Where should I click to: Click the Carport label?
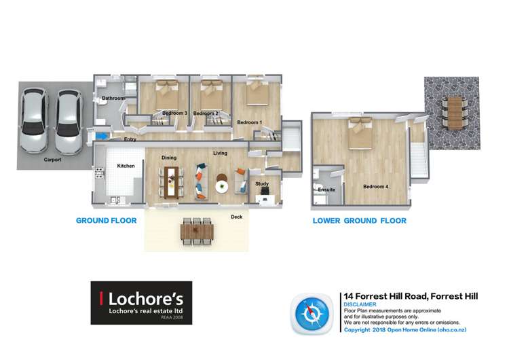[x=53, y=160]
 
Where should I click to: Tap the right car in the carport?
[x=68, y=120]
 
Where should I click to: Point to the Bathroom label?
[x=113, y=98]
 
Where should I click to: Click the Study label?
[x=262, y=184]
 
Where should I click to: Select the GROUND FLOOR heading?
[x=106, y=220]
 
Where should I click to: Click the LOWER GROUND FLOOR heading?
[x=359, y=221]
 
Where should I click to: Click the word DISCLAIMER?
[x=360, y=305]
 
